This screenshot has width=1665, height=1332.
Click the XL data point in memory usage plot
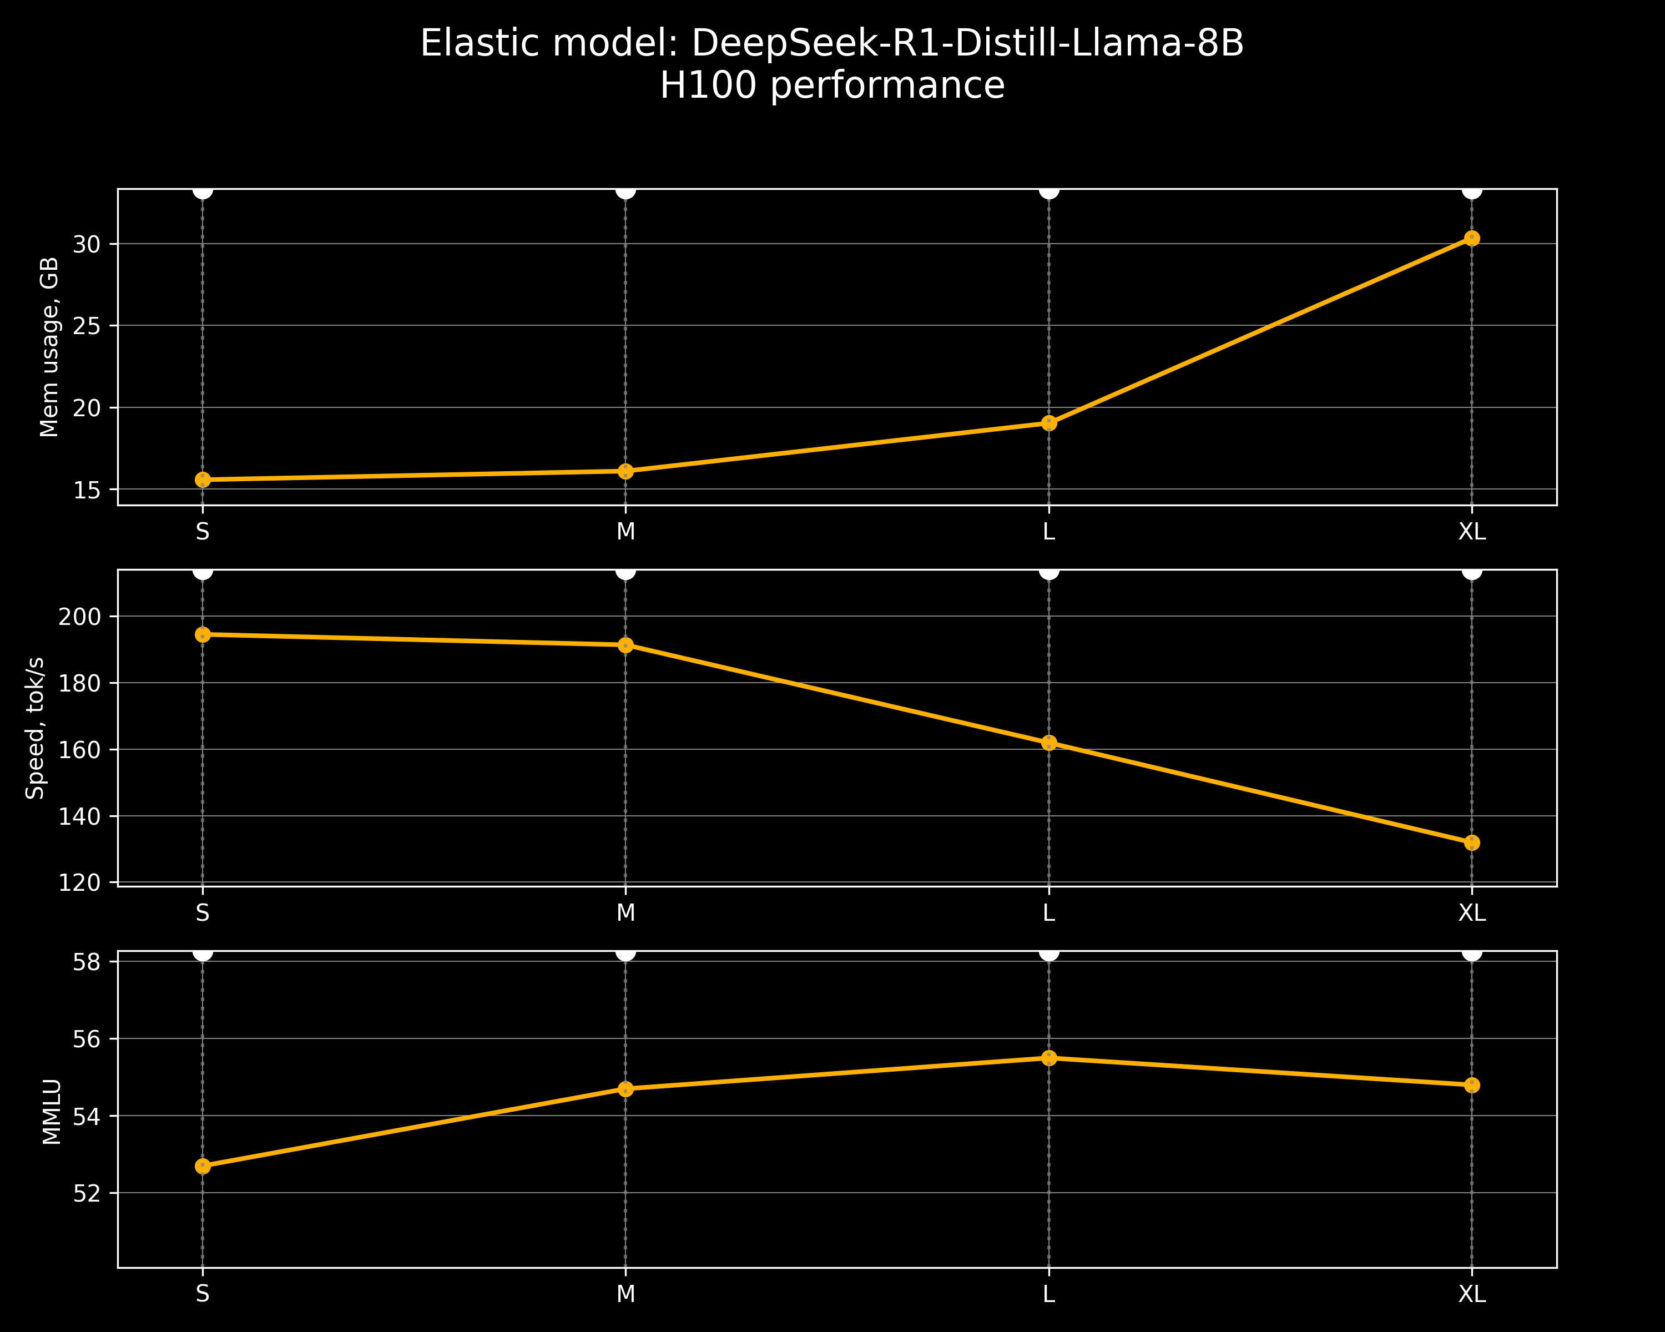(x=1471, y=239)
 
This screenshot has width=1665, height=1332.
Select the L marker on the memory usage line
(x=1049, y=423)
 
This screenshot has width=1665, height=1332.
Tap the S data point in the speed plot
(x=203, y=635)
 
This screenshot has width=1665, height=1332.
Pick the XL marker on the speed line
(x=1471, y=842)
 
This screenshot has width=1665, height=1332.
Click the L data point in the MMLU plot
(x=1049, y=1058)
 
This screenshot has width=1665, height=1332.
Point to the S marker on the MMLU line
(x=203, y=1166)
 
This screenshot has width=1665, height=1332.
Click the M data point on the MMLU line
(x=625, y=1089)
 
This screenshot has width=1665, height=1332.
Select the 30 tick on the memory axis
(x=87, y=244)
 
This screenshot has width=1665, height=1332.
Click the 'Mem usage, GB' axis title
(x=49, y=347)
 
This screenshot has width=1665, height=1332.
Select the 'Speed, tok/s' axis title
(x=36, y=728)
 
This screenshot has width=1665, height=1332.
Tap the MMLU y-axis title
(x=51, y=1112)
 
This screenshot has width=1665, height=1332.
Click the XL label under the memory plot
(x=1471, y=532)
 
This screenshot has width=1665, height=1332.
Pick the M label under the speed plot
(x=625, y=914)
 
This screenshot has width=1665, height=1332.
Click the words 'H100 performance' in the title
(x=832, y=85)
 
